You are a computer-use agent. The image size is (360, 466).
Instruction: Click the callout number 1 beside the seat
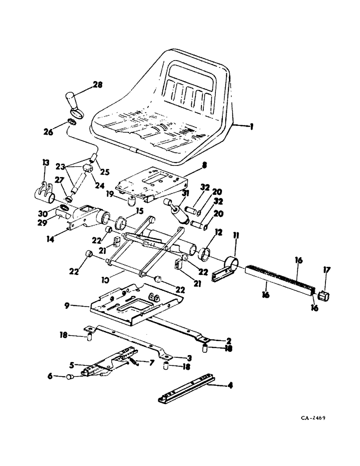tap(251, 125)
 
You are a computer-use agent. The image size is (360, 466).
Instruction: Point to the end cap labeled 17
tap(324, 295)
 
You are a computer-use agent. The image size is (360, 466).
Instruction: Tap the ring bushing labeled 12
tap(204, 255)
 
